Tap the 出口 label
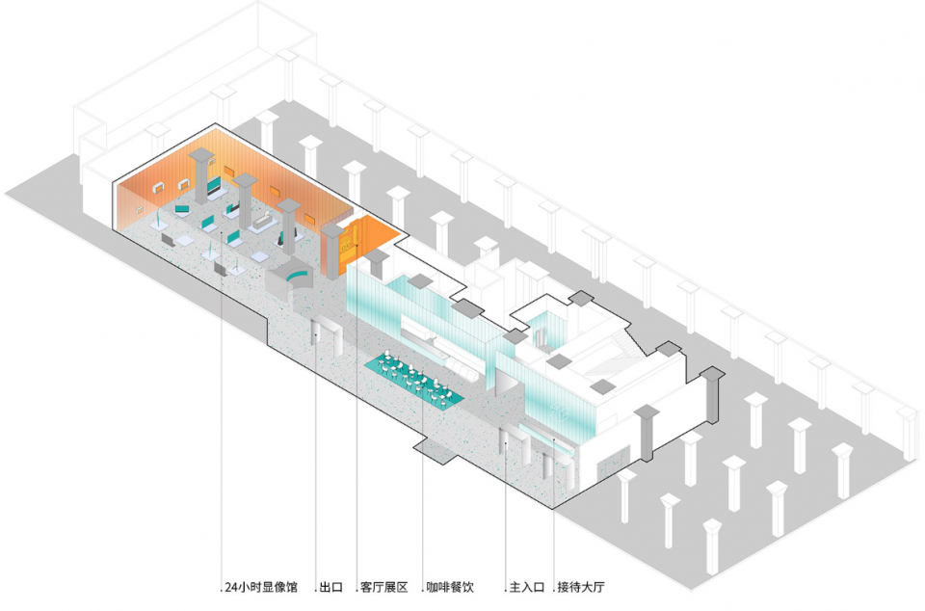(x=332, y=587)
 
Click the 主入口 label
(x=527, y=587)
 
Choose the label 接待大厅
(x=581, y=587)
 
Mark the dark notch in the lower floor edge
(x=433, y=447)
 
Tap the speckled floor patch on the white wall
(x=608, y=468)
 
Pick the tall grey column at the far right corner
(x=714, y=396)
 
